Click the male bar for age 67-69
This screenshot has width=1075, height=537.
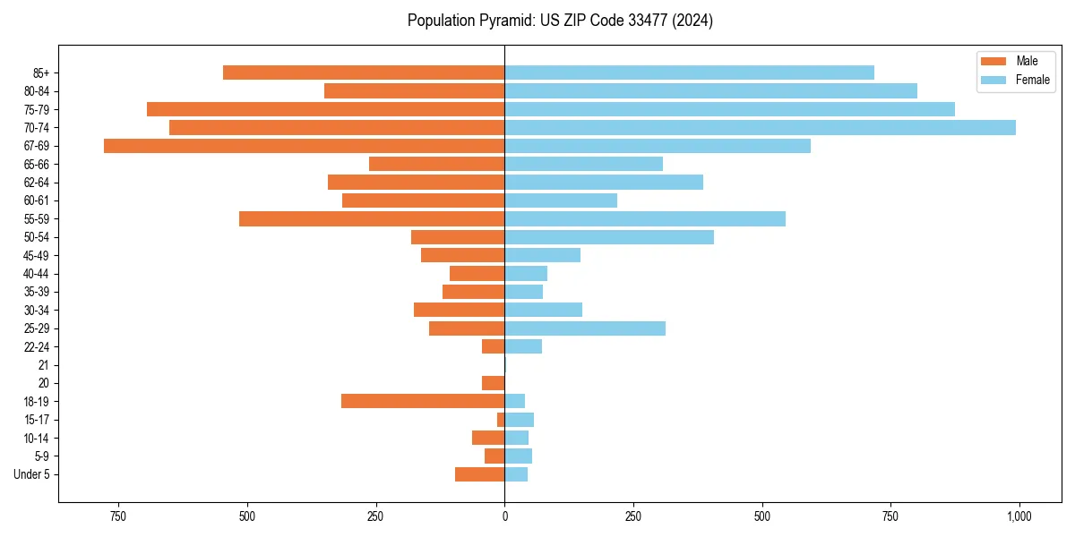(x=305, y=146)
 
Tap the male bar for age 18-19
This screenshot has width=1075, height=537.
(x=423, y=401)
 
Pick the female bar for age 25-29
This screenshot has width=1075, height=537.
(x=585, y=328)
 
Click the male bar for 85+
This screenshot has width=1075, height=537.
(x=364, y=72)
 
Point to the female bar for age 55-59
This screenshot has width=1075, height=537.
(x=645, y=218)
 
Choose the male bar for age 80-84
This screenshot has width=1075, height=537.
(x=414, y=91)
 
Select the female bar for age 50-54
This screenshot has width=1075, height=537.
(x=609, y=237)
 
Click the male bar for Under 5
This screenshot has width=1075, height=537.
(x=479, y=474)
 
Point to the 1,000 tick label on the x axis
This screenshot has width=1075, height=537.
(x=1019, y=516)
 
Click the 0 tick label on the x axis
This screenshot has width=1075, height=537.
(x=504, y=516)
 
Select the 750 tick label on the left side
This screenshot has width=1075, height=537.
(x=117, y=516)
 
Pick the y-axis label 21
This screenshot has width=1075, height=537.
(x=44, y=365)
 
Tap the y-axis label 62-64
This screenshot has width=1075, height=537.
(x=37, y=183)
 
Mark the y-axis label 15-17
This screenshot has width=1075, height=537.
(x=37, y=420)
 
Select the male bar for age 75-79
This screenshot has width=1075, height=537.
(x=326, y=109)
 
